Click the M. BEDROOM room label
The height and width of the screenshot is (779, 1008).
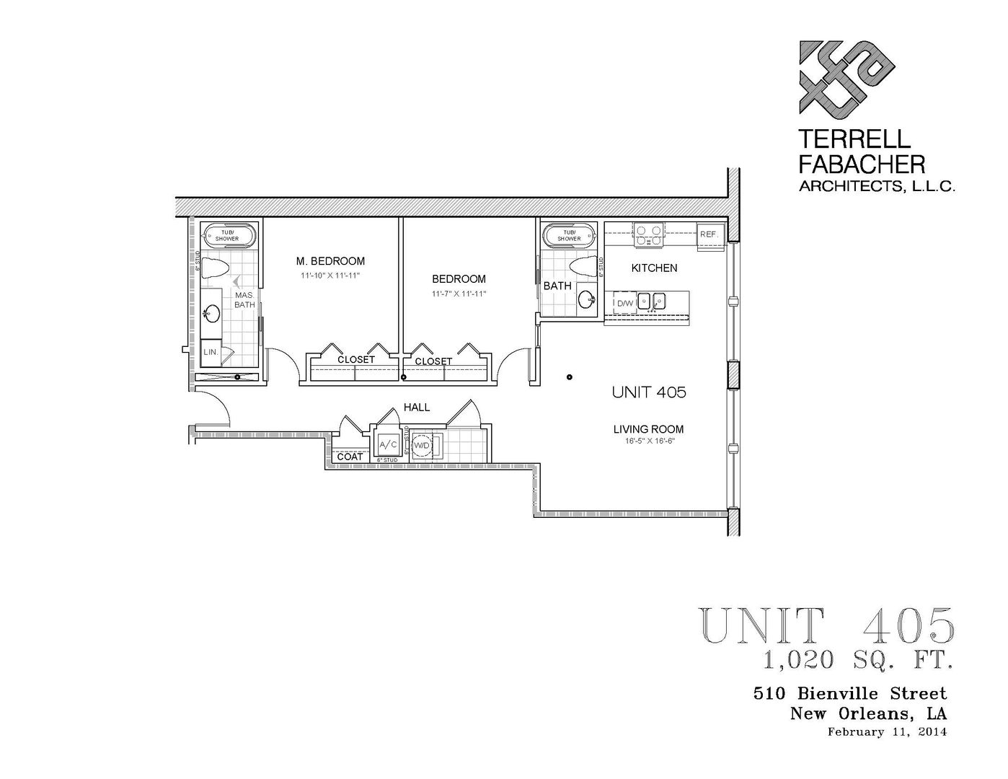tap(330, 261)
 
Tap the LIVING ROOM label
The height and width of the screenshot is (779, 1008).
tap(648, 429)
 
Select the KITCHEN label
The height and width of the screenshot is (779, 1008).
tap(654, 268)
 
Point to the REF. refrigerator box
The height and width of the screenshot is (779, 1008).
tap(708, 234)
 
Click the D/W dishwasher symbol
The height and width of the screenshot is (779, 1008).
tap(624, 303)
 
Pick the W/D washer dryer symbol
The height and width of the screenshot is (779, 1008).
tap(421, 446)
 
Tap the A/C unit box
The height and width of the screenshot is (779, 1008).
tap(388, 444)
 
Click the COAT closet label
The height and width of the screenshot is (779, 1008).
tap(350, 457)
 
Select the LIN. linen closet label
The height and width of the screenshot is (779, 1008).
tap(211, 352)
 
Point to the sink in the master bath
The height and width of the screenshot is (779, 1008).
tap(212, 313)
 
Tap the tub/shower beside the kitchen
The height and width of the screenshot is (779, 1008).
tap(569, 235)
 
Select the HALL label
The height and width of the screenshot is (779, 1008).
tap(417, 408)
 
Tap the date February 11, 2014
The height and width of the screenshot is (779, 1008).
tap(886, 731)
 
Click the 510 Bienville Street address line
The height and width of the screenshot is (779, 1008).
tap(849, 693)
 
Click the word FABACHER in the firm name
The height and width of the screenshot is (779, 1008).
tap(862, 164)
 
